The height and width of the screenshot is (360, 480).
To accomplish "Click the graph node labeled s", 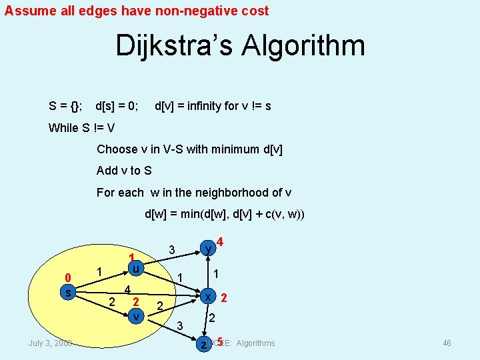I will point(67,293).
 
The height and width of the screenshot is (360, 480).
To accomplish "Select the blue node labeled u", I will point(135,268).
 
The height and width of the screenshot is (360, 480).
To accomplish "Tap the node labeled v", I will point(135,315).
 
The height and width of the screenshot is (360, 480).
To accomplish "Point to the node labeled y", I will point(209,249).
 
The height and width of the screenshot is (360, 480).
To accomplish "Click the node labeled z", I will point(204,344).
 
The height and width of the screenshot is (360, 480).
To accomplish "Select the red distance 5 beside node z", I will point(219,342).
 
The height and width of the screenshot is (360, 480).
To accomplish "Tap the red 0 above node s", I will point(67,278).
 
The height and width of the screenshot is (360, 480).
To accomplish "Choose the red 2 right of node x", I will point(224,297).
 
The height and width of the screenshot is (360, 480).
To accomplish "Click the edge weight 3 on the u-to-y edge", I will point(171,250).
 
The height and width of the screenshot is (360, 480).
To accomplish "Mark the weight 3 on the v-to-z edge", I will point(179,325).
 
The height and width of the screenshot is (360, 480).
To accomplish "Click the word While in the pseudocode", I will point(63,128).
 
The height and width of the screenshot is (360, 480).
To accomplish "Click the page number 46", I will point(447,343).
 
